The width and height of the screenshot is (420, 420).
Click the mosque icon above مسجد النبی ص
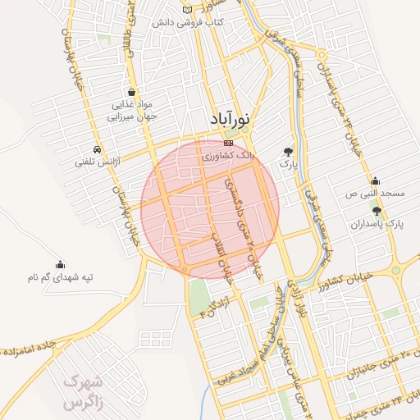pos(375,181)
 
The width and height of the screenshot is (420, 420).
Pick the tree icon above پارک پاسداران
pos(377,211)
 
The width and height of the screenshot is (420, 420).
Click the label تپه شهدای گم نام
pos(60,278)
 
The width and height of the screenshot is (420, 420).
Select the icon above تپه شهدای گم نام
pos(60,265)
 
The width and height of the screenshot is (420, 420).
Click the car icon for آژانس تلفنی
pos(98,150)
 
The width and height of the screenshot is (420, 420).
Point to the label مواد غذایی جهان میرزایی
pos(133,112)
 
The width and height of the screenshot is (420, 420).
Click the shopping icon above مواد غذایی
pos(133,92)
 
